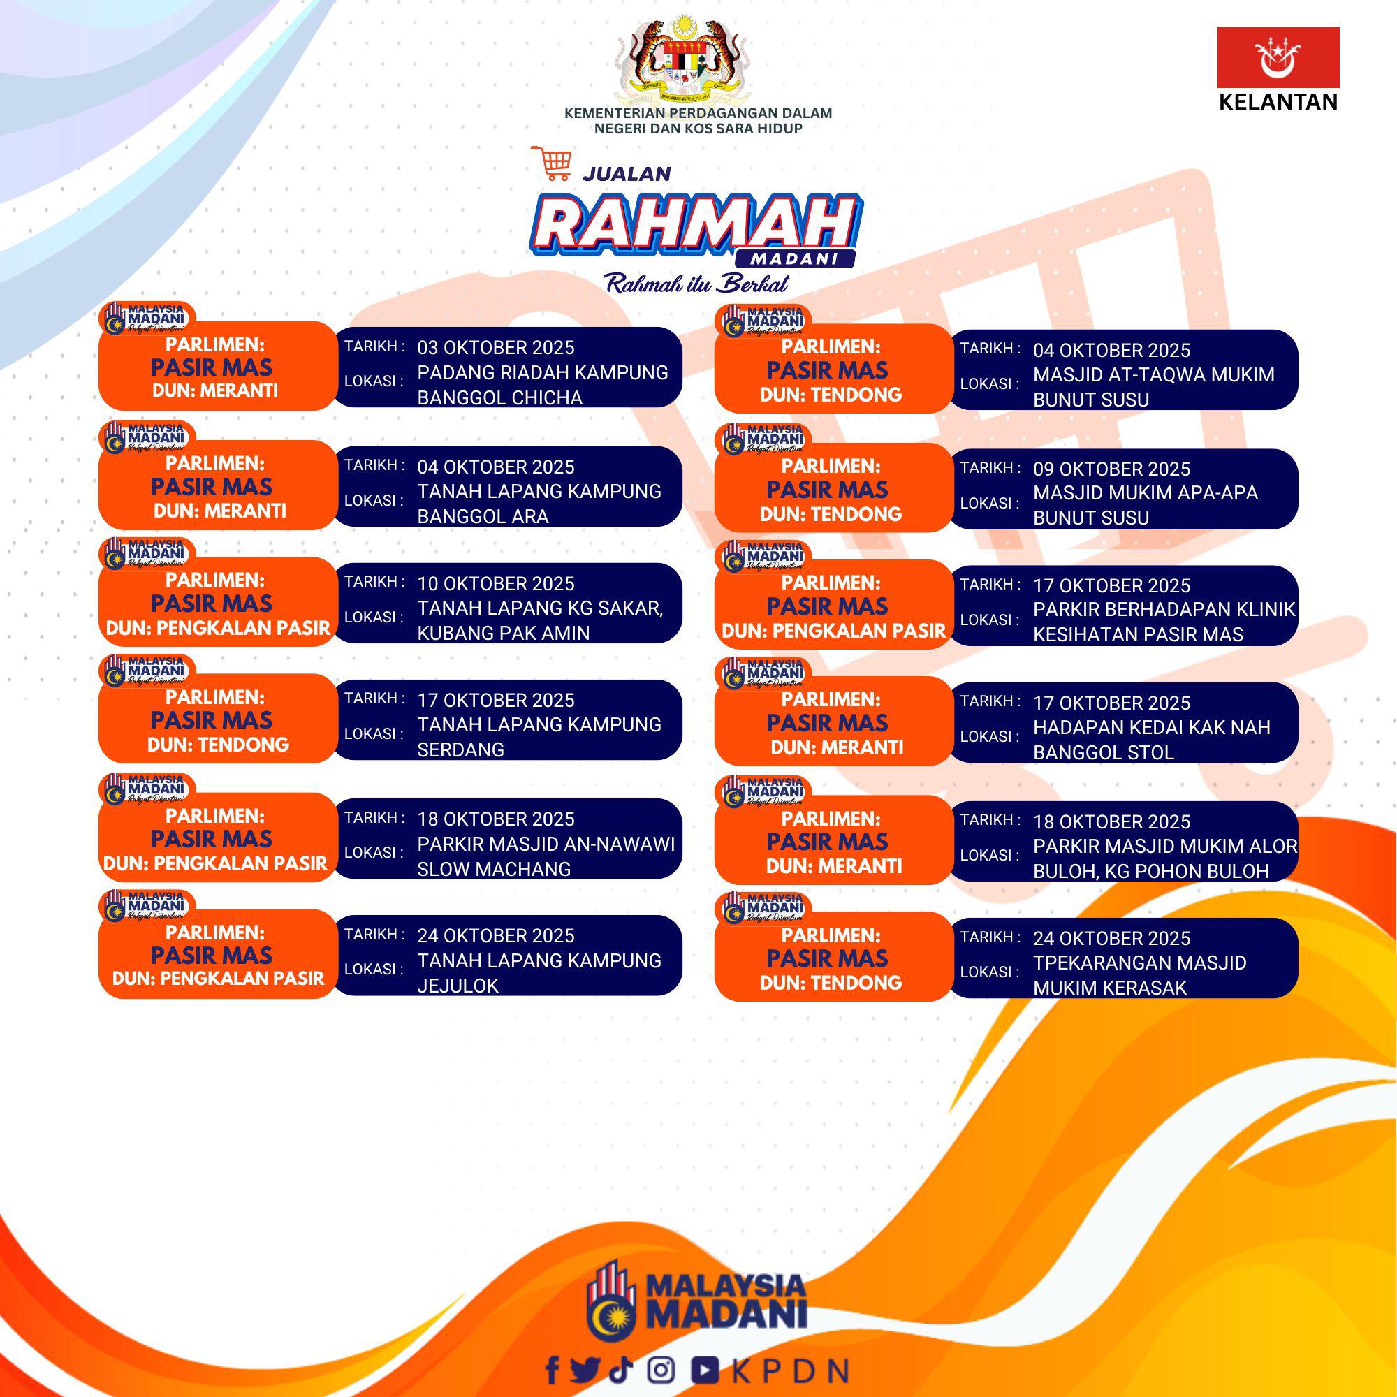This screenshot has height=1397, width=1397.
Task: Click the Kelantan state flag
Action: point(1278,57)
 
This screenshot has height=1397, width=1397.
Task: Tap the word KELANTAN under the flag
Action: point(1278,102)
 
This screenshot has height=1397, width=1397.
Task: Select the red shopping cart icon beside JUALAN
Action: point(552,163)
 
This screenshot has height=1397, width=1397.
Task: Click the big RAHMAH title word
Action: point(694,224)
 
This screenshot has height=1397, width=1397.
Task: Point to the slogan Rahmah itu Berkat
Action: point(696,284)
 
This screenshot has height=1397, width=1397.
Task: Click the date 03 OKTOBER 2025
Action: point(495,348)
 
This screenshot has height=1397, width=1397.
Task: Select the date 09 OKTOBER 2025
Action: point(1111,469)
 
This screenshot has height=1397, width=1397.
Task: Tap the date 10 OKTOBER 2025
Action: point(495,583)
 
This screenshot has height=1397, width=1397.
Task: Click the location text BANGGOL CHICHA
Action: point(499,397)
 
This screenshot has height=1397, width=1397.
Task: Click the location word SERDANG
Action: point(460,749)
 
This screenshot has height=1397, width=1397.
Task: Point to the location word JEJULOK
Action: point(458,986)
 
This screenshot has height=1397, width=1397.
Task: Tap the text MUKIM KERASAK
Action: point(1110,988)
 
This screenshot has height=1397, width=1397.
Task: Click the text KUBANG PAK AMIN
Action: point(503,633)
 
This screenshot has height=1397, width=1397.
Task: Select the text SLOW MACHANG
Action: point(494,869)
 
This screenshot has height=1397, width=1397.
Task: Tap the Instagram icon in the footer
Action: point(661,1370)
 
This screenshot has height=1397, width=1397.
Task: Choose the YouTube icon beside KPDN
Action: point(704,1370)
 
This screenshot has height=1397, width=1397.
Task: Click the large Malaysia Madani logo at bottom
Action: point(696,1299)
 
